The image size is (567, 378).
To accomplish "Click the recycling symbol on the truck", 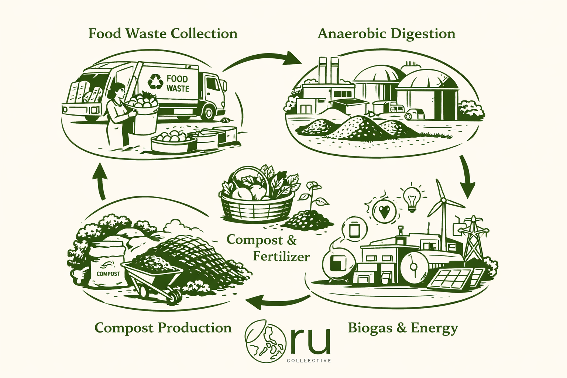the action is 155,82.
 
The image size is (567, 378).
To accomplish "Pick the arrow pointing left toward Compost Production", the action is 277,301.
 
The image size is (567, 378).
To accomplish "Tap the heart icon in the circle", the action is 384,211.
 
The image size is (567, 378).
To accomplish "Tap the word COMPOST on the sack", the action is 108,274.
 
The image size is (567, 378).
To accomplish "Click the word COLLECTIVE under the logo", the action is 309,360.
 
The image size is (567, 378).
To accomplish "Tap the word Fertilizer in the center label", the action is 281,256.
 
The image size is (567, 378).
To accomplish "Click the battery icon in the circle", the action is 354,230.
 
